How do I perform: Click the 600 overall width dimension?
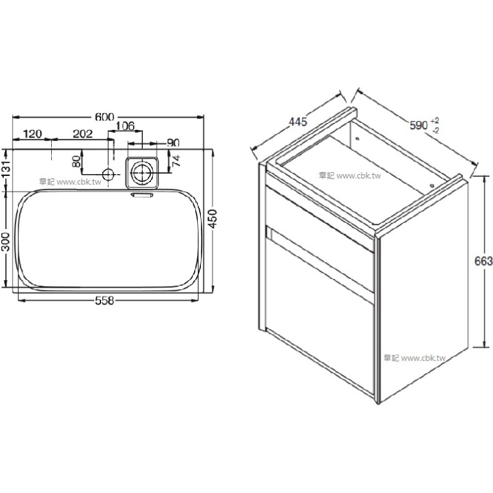(104, 117)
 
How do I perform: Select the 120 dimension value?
(32, 134)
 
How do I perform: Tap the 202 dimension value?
(83, 134)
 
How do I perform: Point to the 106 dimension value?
(125, 126)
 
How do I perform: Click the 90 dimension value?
(173, 143)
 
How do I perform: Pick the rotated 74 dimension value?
(176, 160)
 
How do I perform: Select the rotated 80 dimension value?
(76, 161)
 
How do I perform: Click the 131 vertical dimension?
(6, 170)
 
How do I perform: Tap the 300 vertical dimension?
(6, 242)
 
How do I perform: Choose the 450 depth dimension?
(213, 219)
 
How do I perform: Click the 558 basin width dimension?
(104, 301)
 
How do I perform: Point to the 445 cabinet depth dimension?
(298, 122)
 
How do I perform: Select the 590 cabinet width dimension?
(419, 125)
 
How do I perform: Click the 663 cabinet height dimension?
(484, 261)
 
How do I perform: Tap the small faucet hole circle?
(108, 173)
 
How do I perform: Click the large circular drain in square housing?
(142, 173)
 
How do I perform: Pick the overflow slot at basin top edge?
(142, 195)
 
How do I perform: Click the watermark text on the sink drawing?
(70, 182)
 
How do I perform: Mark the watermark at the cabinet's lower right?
(415, 358)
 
